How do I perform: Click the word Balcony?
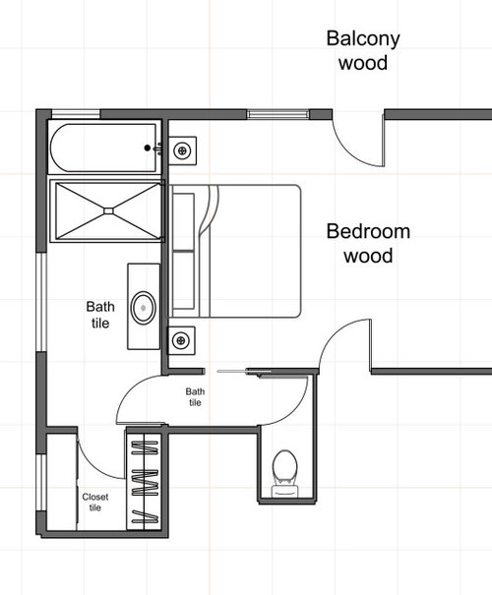(363, 39)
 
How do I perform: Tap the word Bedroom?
(368, 231)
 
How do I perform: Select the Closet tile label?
(95, 502)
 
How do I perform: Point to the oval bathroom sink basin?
(143, 308)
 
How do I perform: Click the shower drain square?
(108, 211)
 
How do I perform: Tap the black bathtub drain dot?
(148, 148)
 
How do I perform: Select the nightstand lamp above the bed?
(182, 150)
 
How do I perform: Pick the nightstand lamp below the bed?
(181, 340)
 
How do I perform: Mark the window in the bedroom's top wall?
(278, 114)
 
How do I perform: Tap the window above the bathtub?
(76, 114)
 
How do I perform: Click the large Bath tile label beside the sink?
(100, 315)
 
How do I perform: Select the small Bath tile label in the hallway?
(195, 397)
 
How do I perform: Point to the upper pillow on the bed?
(184, 221)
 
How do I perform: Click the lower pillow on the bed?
(184, 280)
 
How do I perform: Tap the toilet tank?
(285, 492)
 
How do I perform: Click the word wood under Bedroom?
(368, 256)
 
